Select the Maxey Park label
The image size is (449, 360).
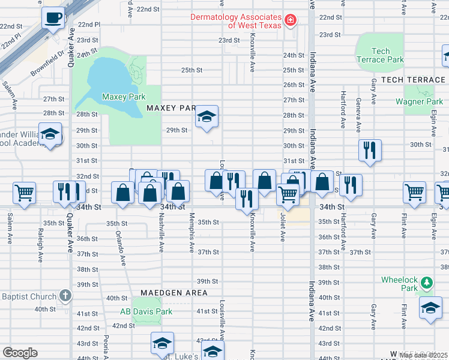click(124, 96)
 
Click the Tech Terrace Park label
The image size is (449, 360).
click(380, 55)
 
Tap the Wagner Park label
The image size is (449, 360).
click(419, 101)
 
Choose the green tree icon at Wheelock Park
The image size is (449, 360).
click(426, 281)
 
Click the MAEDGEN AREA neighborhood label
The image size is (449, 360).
click(174, 293)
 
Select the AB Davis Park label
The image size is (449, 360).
click(146, 311)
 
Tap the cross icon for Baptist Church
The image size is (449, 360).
click(65, 296)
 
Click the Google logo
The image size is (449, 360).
click(20, 353)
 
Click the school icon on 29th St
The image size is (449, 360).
click(206, 117)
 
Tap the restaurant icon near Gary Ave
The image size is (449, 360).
click(370, 149)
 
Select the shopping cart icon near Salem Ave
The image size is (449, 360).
click(25, 193)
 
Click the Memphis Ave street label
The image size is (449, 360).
click(192, 232)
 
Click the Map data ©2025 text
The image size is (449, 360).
click(423, 355)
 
